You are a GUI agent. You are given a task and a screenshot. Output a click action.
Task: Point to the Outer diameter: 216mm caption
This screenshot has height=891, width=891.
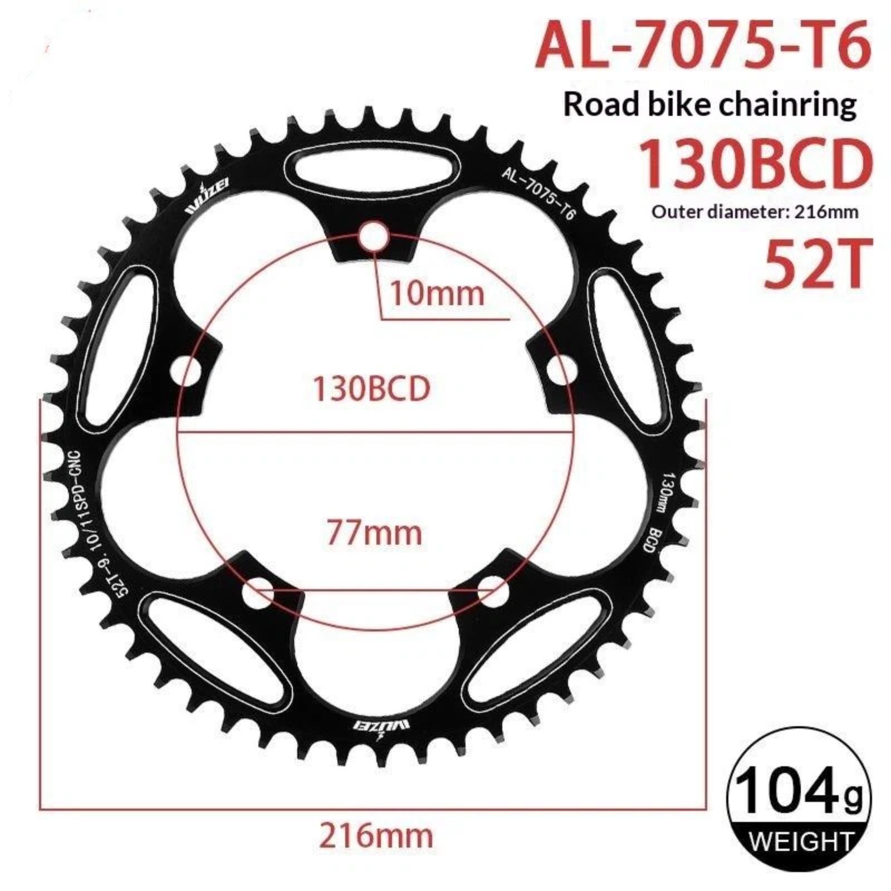755,212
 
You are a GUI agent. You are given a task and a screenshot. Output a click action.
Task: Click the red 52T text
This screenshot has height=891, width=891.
816,264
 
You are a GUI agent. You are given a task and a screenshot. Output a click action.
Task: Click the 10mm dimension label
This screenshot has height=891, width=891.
437,293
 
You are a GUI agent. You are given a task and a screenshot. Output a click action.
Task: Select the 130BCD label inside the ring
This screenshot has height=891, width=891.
371,388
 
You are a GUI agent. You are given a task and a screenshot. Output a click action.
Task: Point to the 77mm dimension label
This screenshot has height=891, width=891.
374,532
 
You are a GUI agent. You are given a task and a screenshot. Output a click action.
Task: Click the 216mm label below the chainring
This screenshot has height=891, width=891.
375,835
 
